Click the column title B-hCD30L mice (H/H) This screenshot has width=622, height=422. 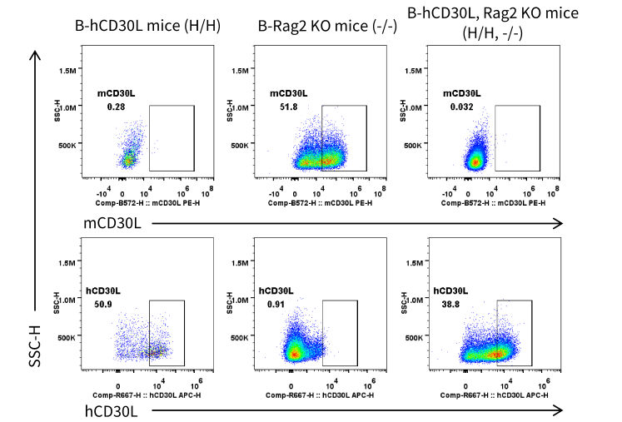147,26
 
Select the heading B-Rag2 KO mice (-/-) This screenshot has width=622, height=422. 327,26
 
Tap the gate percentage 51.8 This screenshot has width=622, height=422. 288,107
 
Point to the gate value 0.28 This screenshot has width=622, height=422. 116,107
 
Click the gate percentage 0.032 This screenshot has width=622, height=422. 462,107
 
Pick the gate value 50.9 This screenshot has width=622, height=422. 103,304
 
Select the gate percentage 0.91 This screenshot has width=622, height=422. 276,304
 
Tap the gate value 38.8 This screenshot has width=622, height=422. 450,304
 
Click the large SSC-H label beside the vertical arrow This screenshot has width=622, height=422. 35,346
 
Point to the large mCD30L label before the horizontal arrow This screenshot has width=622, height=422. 112,223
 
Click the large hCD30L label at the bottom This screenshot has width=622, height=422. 112,411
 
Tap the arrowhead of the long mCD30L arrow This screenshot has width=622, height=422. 560,224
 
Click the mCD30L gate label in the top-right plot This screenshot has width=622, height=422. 462,93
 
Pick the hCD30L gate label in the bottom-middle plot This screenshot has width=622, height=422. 276,291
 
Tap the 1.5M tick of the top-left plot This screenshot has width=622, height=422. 67,71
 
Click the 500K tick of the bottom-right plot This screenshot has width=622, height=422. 414,338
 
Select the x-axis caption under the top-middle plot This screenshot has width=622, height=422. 320,203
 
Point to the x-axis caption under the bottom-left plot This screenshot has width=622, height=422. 147,395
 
